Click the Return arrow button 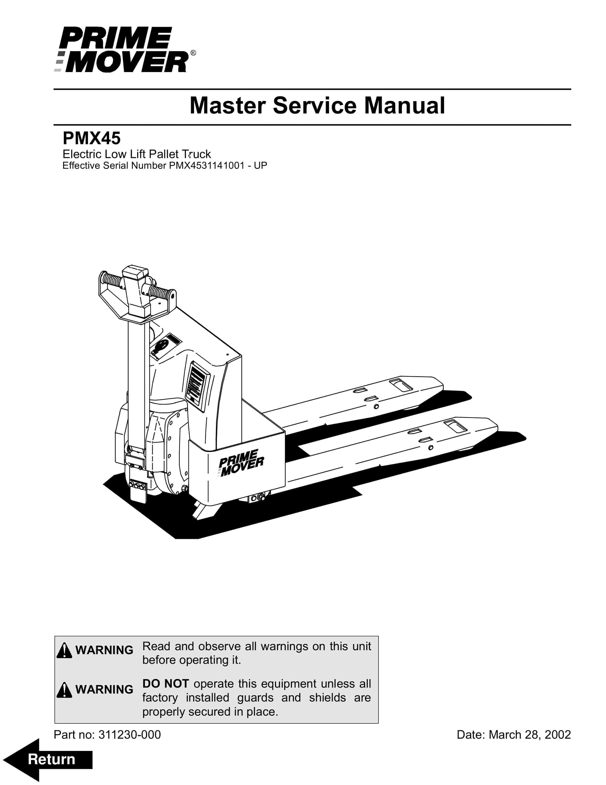(x=49, y=759)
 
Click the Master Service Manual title (x=317, y=106)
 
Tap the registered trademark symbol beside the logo (x=193, y=53)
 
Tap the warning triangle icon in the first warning (x=64, y=650)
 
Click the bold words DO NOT (x=165, y=684)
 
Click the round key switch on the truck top (x=160, y=346)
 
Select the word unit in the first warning (x=362, y=646)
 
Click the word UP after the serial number (x=260, y=166)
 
